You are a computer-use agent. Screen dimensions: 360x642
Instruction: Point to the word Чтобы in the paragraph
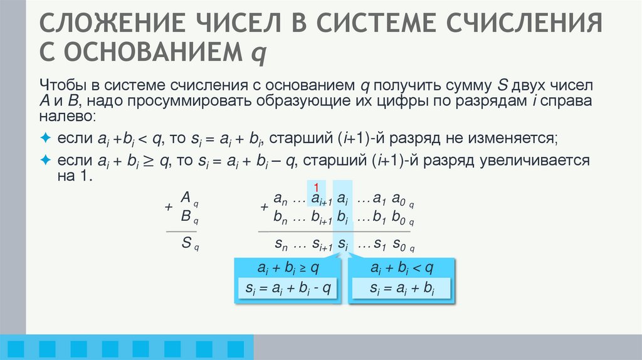pyautogui.click(x=58, y=85)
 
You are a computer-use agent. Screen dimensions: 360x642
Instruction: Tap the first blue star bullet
pyautogui.click(x=45, y=137)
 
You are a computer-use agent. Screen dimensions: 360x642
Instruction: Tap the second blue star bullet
pyautogui.click(x=45, y=161)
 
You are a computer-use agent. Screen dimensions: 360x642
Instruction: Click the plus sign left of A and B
pyautogui.click(x=167, y=207)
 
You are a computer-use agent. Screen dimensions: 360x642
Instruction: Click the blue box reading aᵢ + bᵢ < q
pyautogui.click(x=402, y=268)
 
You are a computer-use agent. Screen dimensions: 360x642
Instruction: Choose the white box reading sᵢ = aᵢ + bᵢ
pyautogui.click(x=402, y=289)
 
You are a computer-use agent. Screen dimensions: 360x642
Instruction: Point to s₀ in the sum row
pyautogui.click(x=399, y=244)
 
